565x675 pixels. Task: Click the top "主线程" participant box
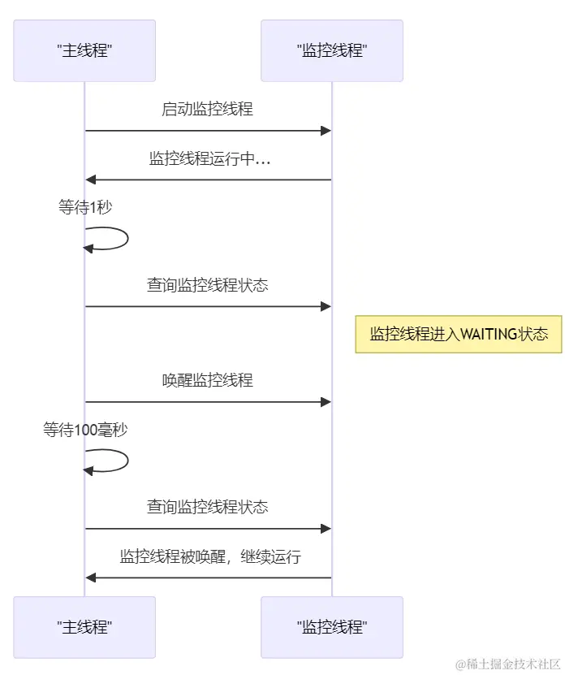click(84, 51)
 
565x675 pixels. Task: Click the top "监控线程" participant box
click(331, 51)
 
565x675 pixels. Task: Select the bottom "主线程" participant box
click(84, 627)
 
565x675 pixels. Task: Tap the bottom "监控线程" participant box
click(331, 627)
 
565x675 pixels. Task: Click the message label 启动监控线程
click(208, 109)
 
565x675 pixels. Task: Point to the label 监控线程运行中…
click(209, 158)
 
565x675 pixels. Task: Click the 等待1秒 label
click(85, 207)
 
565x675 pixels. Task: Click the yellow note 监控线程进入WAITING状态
click(459, 334)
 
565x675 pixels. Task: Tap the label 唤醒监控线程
click(208, 380)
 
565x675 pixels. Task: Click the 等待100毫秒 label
click(85, 430)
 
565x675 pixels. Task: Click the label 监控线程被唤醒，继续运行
click(210, 556)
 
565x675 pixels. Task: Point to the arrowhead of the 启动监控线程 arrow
click(326, 131)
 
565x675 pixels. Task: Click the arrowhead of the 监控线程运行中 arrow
click(91, 180)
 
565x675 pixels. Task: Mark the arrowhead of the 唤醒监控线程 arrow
click(326, 401)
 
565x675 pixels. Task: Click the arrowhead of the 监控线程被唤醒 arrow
click(91, 578)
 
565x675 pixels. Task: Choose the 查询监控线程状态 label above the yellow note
click(208, 285)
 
